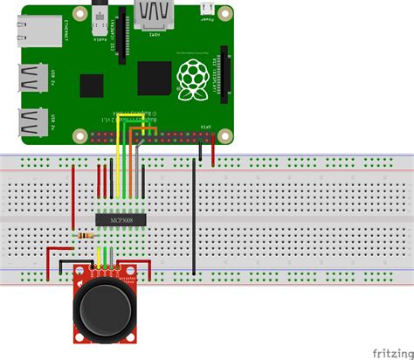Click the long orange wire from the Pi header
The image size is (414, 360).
click(x=121, y=166)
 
